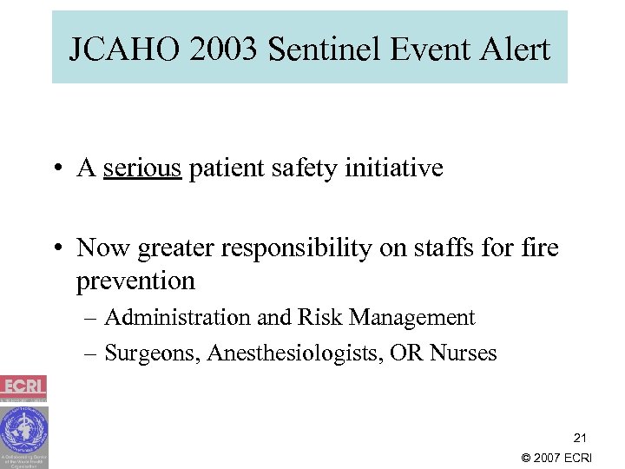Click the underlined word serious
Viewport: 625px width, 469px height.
pos(141,168)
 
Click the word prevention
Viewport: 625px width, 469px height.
pos(135,281)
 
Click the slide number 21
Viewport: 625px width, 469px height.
pos(579,438)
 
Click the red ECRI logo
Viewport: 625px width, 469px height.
pos(23,387)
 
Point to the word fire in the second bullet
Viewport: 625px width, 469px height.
pos(540,248)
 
